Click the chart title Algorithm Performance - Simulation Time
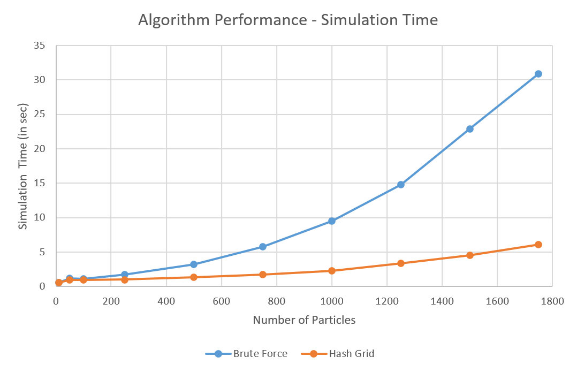pyautogui.click(x=288, y=20)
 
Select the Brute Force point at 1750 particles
pyautogui.click(x=538, y=74)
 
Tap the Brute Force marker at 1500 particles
pyautogui.click(x=470, y=129)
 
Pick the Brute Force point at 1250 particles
pyautogui.click(x=401, y=185)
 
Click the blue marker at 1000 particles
pyautogui.click(x=332, y=221)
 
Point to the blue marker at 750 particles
pyautogui.click(x=263, y=247)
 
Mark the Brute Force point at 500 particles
pyautogui.click(x=194, y=264)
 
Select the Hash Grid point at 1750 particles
pyautogui.click(x=538, y=245)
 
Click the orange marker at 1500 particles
pyautogui.click(x=470, y=255)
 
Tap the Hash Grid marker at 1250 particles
pyautogui.click(x=401, y=263)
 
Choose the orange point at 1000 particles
pyautogui.click(x=332, y=271)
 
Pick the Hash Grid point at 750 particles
pyautogui.click(x=263, y=275)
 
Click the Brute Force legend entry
pyautogui.click(x=247, y=354)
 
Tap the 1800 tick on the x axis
pyautogui.click(x=552, y=301)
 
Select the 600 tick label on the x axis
pyautogui.click(x=222, y=301)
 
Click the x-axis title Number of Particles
pyautogui.click(x=304, y=321)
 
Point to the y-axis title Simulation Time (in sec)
pyautogui.click(x=23, y=166)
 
